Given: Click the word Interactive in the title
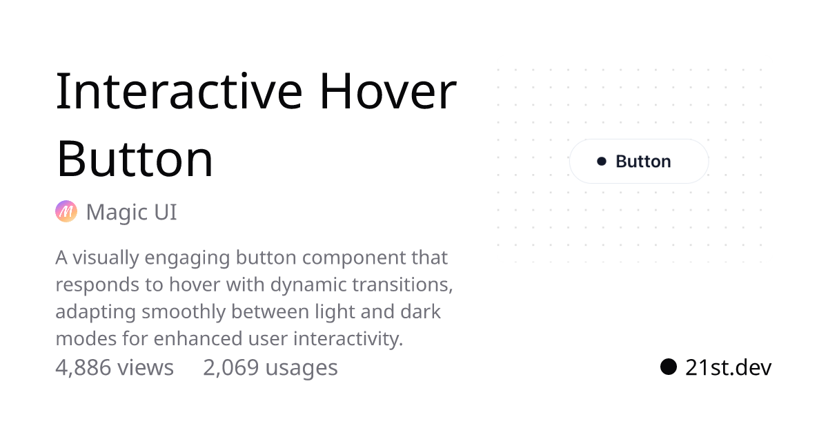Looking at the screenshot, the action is point(179,91).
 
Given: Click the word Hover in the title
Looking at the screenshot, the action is point(388,91).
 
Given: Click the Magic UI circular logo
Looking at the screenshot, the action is point(66,211).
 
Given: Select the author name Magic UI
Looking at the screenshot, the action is point(132,212).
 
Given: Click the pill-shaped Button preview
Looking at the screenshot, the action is point(639,162).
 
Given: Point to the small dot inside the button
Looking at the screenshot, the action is point(602,162).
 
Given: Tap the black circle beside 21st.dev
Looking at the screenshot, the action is point(669,367).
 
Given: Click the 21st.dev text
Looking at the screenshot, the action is point(728,367).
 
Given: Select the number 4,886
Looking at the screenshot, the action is point(83,367).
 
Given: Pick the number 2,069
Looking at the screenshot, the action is point(231,367).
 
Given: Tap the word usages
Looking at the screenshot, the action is point(302,369).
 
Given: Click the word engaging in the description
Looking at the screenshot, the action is point(187,258).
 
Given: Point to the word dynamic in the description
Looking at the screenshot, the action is point(308,284).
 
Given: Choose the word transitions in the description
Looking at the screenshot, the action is point(402,284).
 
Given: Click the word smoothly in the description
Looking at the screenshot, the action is point(184,312).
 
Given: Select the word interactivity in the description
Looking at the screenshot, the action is point(348,339).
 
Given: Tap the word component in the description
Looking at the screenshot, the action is point(354,258).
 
